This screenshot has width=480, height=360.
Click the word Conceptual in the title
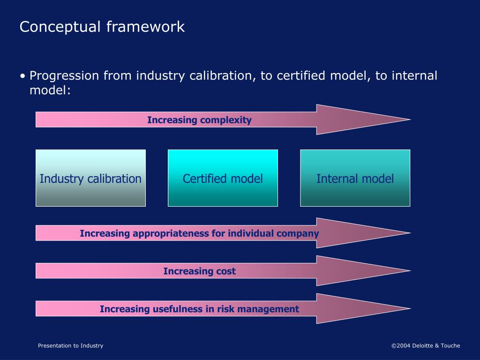pos(60,27)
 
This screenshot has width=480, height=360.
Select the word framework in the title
pos(146,26)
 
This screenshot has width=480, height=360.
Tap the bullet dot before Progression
pos(22,76)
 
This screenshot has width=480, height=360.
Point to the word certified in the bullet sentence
pos(301,75)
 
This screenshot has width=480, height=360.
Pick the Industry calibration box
pos(90,178)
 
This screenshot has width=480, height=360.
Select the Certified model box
pos(223,178)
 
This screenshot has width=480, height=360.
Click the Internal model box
pos(355,178)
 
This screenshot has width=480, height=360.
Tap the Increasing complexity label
pos(199,120)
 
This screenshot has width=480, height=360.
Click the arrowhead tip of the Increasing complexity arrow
pos(410,120)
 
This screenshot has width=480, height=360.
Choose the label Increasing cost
pos(199,271)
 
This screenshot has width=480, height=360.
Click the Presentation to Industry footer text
pos(70,345)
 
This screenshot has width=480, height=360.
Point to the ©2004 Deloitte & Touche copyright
pos(426,345)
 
